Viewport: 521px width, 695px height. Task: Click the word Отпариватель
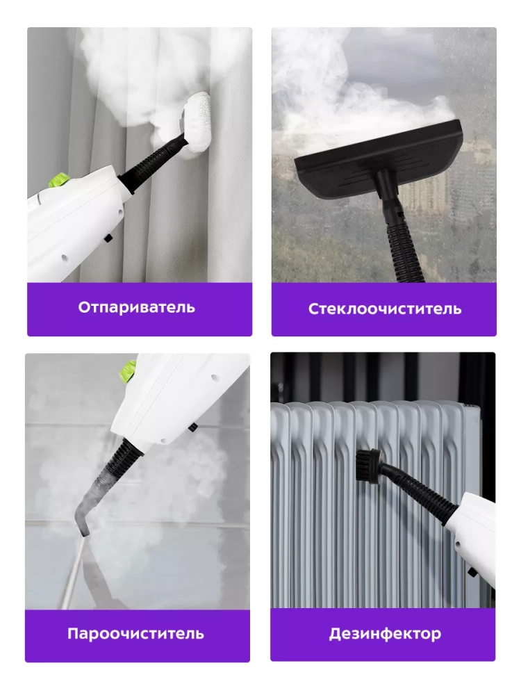[136, 307]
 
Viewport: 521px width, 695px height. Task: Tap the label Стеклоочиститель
[385, 309]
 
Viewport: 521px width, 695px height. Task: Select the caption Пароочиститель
[135, 633]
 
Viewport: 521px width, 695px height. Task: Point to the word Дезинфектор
[385, 633]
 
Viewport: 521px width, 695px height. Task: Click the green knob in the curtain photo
[59, 180]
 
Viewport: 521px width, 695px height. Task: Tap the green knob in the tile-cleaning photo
[128, 371]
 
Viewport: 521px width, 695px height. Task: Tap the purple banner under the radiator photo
[383, 635]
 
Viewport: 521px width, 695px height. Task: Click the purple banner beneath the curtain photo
[140, 309]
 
